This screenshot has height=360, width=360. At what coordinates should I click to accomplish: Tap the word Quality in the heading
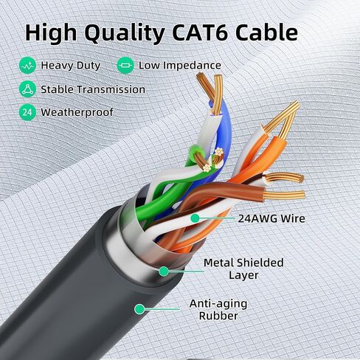pyautogui.click(x=125, y=34)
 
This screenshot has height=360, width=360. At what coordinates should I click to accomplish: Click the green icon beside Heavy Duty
pyautogui.click(x=27, y=66)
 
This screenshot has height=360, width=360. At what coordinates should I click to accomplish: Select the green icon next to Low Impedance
pyautogui.click(x=125, y=66)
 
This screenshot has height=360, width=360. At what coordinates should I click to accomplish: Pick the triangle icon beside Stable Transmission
pyautogui.click(x=27, y=89)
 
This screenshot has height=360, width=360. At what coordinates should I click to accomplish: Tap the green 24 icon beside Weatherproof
pyautogui.click(x=27, y=112)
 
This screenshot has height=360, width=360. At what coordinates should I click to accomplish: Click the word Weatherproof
pyautogui.click(x=77, y=112)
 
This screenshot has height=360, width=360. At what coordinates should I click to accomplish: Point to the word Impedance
pyautogui.click(x=192, y=66)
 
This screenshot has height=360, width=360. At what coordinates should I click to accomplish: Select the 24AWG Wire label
pyautogui.click(x=271, y=218)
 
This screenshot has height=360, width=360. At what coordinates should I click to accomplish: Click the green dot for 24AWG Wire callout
pyautogui.click(x=195, y=218)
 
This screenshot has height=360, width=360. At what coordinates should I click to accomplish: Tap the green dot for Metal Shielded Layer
pyautogui.click(x=164, y=271)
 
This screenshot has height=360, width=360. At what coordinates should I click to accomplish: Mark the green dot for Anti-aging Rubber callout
pyautogui.click(x=139, y=309)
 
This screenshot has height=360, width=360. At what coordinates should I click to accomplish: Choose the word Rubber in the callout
pyautogui.click(x=218, y=316)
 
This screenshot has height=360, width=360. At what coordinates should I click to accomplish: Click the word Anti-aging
pyautogui.click(x=218, y=304)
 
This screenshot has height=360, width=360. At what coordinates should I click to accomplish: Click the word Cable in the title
pyautogui.click(x=267, y=32)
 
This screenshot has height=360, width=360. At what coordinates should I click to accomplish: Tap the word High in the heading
pyautogui.click(x=51, y=34)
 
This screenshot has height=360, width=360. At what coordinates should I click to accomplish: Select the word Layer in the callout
pyautogui.click(x=243, y=275)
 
